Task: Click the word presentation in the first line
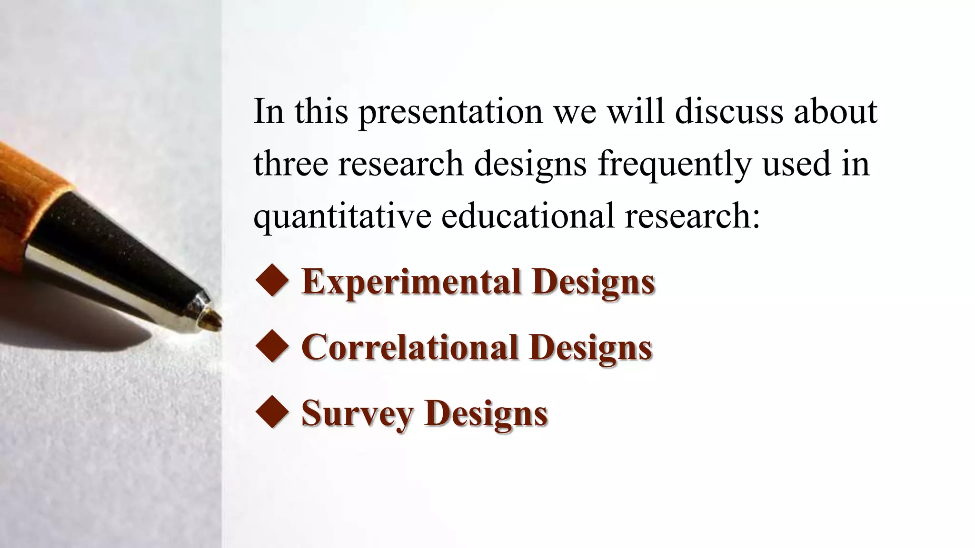[450, 112]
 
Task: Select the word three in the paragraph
[291, 164]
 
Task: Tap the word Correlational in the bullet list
[409, 347]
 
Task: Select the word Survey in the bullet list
[357, 413]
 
